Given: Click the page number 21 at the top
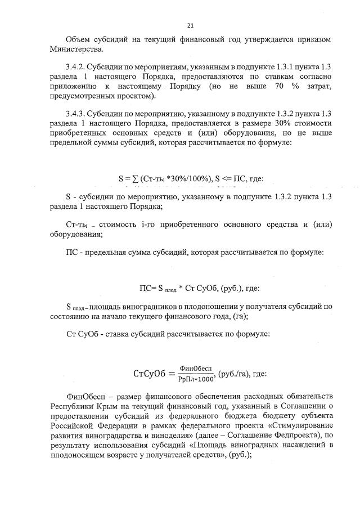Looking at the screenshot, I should (x=190, y=25).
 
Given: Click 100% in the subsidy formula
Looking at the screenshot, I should (x=198, y=180).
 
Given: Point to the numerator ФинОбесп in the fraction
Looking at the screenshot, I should (x=195, y=368).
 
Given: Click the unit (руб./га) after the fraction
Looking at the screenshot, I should (x=233, y=374).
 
